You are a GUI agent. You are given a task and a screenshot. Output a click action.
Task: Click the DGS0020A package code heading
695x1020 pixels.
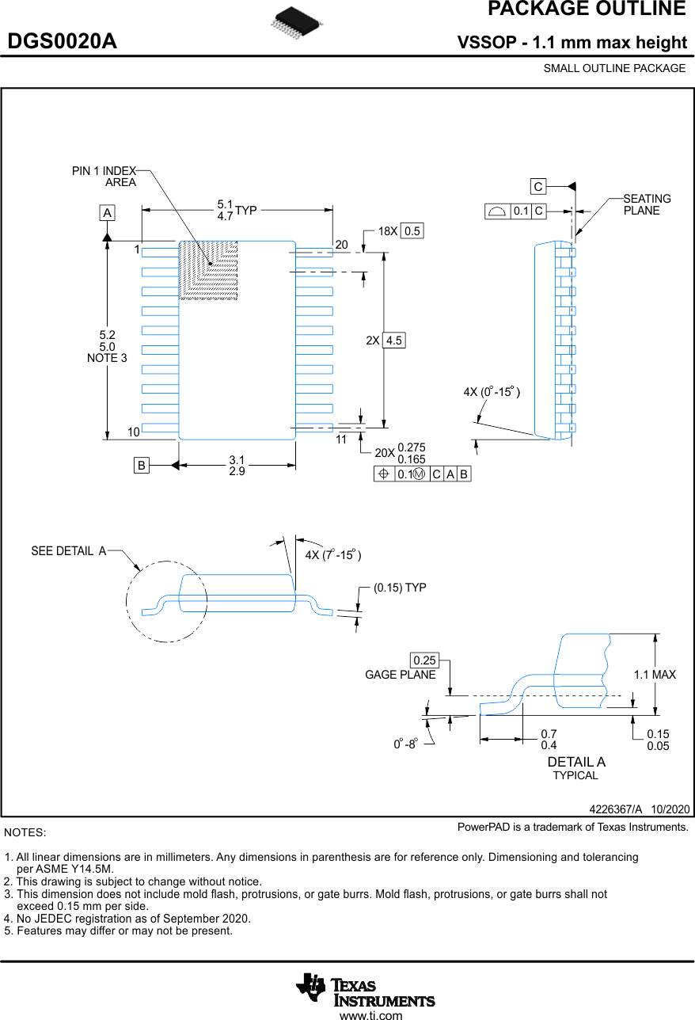pyautogui.click(x=63, y=42)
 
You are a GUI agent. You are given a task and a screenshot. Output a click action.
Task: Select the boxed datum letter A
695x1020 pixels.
pyautogui.click(x=107, y=213)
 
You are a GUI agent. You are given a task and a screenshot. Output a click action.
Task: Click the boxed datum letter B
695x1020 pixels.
pyautogui.click(x=141, y=466)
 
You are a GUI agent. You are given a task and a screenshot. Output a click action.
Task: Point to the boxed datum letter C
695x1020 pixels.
pyautogui.click(x=538, y=187)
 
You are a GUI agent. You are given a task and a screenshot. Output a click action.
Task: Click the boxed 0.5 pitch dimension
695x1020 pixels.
pyautogui.click(x=412, y=231)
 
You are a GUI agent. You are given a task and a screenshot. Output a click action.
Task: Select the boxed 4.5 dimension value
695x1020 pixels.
pyautogui.click(x=393, y=341)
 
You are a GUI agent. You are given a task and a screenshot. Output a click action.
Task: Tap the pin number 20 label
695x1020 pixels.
pyautogui.click(x=341, y=245)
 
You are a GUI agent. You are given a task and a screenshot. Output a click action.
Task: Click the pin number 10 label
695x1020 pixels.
pyautogui.click(x=133, y=432)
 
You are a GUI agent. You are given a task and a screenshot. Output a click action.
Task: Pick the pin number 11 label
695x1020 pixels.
pyautogui.click(x=341, y=440)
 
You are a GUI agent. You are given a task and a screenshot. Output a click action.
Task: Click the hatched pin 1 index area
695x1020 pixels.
pyautogui.click(x=209, y=269)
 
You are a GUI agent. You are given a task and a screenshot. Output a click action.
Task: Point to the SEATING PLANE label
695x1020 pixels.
pyautogui.click(x=647, y=204)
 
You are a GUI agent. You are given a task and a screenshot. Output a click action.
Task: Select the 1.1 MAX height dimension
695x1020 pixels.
pyautogui.click(x=655, y=675)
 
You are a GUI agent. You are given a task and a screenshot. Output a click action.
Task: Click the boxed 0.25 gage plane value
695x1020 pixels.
pyautogui.click(x=424, y=660)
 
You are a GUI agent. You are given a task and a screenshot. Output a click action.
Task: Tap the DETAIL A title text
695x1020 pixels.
pyautogui.click(x=576, y=762)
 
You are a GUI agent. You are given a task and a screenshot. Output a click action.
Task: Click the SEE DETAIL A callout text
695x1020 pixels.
pyautogui.click(x=69, y=551)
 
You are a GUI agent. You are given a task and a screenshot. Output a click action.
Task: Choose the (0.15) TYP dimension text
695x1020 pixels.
pyautogui.click(x=400, y=588)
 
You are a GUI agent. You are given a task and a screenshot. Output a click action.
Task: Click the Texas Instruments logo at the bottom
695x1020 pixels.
pyautogui.click(x=366, y=989)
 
